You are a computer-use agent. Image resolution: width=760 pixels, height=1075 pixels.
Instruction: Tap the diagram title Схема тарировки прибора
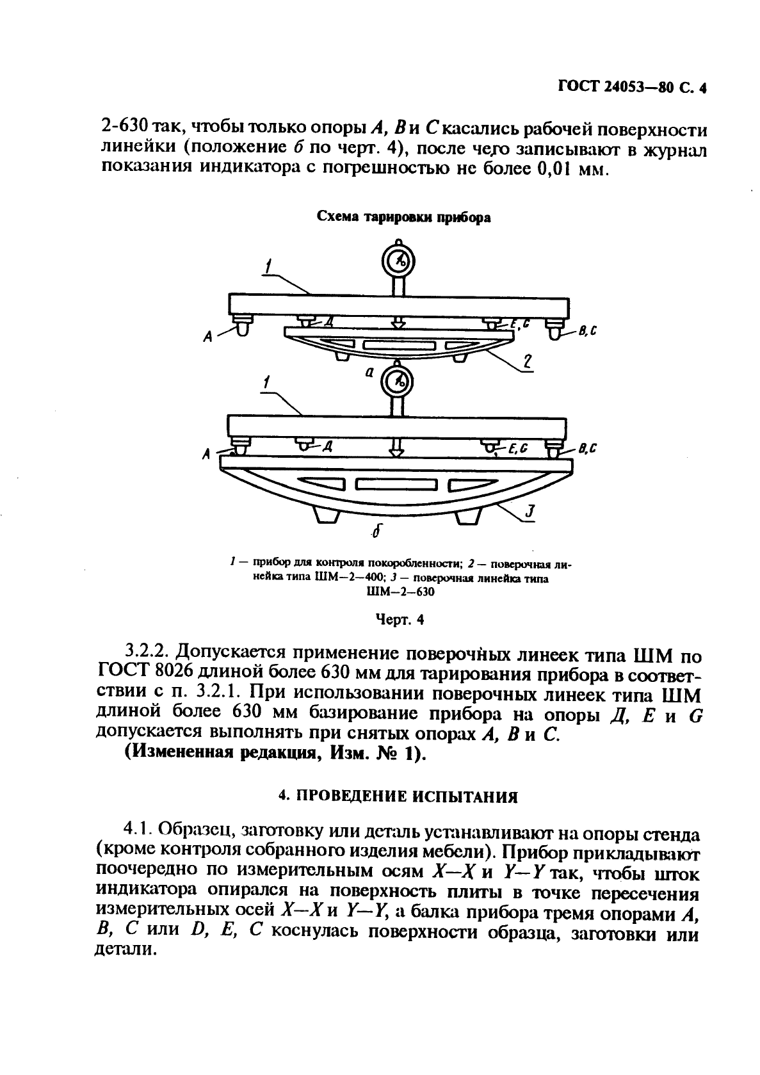point(405,217)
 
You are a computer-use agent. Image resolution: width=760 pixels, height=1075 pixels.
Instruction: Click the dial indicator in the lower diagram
point(397,382)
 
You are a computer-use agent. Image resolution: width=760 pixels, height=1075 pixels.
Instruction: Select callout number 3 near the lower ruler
point(529,512)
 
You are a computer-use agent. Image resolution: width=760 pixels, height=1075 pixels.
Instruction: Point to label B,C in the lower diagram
point(586,449)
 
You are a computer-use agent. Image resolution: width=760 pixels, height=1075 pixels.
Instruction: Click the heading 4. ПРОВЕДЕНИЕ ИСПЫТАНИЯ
point(398,796)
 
